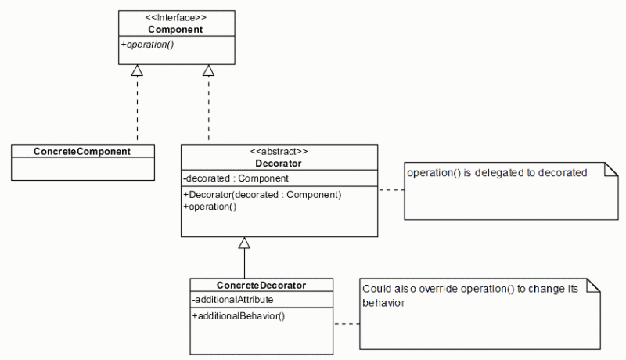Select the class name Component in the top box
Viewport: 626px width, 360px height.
pos(176,29)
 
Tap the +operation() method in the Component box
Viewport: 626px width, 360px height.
pos(147,45)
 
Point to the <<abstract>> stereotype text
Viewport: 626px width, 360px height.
pos(279,152)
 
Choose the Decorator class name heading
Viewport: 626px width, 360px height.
pos(279,164)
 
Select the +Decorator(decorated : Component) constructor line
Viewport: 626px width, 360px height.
pos(261,194)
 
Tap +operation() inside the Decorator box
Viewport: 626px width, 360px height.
pos(210,207)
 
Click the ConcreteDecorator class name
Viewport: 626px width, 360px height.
pos(261,286)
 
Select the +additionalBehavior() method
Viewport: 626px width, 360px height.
pos(238,316)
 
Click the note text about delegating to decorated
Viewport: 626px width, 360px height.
pos(496,173)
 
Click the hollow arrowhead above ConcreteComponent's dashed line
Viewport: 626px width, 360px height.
pos(137,70)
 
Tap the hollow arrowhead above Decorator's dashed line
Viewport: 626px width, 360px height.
pos(208,70)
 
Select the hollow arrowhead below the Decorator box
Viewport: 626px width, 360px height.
pos(245,243)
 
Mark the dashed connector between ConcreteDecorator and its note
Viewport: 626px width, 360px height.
pos(346,323)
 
